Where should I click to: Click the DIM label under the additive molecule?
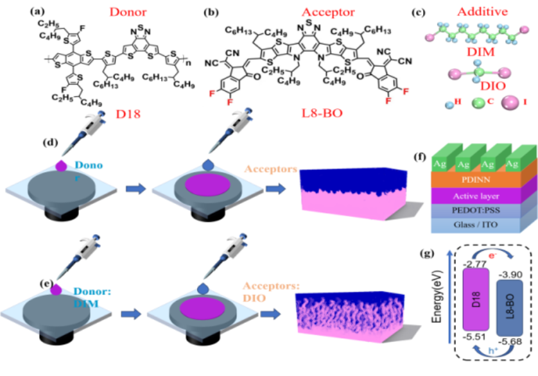pyautogui.click(x=482, y=51)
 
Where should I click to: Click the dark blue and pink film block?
pyautogui.click(x=353, y=192)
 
